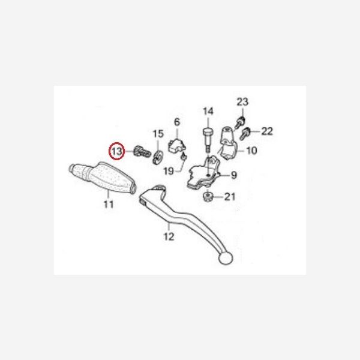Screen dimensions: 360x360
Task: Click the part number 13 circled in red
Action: click(116, 152)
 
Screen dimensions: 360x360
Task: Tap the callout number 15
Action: click(158, 134)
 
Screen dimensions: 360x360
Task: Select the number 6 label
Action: click(177, 122)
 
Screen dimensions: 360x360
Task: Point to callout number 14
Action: click(208, 112)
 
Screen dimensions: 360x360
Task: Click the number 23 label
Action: click(242, 102)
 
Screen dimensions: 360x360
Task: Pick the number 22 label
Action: click(267, 131)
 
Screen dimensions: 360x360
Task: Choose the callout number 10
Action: click(251, 151)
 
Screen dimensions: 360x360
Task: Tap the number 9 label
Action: click(234, 175)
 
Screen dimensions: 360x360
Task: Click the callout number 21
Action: click(230, 197)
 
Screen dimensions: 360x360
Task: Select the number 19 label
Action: click(169, 171)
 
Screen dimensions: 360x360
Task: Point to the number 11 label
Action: click(109, 205)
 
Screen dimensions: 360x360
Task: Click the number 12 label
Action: click(169, 236)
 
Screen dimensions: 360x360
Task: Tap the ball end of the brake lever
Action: click(226, 258)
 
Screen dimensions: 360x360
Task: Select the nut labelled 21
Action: click(208, 196)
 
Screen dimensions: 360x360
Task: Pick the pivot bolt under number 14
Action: click(207, 139)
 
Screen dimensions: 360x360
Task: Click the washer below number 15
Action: click(157, 157)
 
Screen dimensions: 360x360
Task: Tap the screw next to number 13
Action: click(142, 151)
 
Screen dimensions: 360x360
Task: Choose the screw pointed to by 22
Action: click(244, 134)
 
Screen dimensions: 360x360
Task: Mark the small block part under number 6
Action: click(177, 146)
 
